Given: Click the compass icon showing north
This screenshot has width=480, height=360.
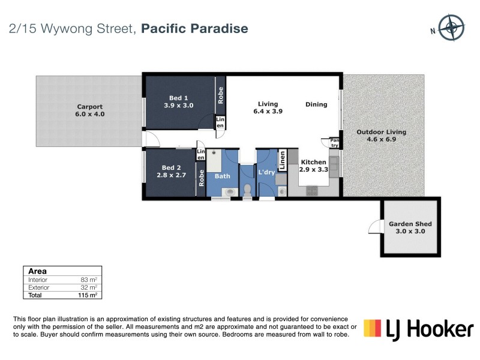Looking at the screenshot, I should pyautogui.click(x=451, y=27).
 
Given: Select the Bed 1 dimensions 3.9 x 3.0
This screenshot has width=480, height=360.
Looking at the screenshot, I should pyautogui.click(x=179, y=105).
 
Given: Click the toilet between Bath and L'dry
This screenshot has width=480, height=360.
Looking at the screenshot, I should pyautogui.click(x=247, y=190).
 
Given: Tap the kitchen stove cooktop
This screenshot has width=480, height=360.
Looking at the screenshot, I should pyautogui.click(x=313, y=191).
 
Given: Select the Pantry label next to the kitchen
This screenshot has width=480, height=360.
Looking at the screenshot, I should pyautogui.click(x=334, y=143).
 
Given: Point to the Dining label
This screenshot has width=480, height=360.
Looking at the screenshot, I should pyautogui.click(x=316, y=104).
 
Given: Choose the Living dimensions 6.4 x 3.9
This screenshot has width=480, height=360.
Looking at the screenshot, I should pyautogui.click(x=268, y=111).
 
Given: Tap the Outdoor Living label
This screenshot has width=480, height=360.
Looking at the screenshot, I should pyautogui.click(x=381, y=132).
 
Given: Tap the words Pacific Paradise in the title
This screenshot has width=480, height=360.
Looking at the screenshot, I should pyautogui.click(x=195, y=28).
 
